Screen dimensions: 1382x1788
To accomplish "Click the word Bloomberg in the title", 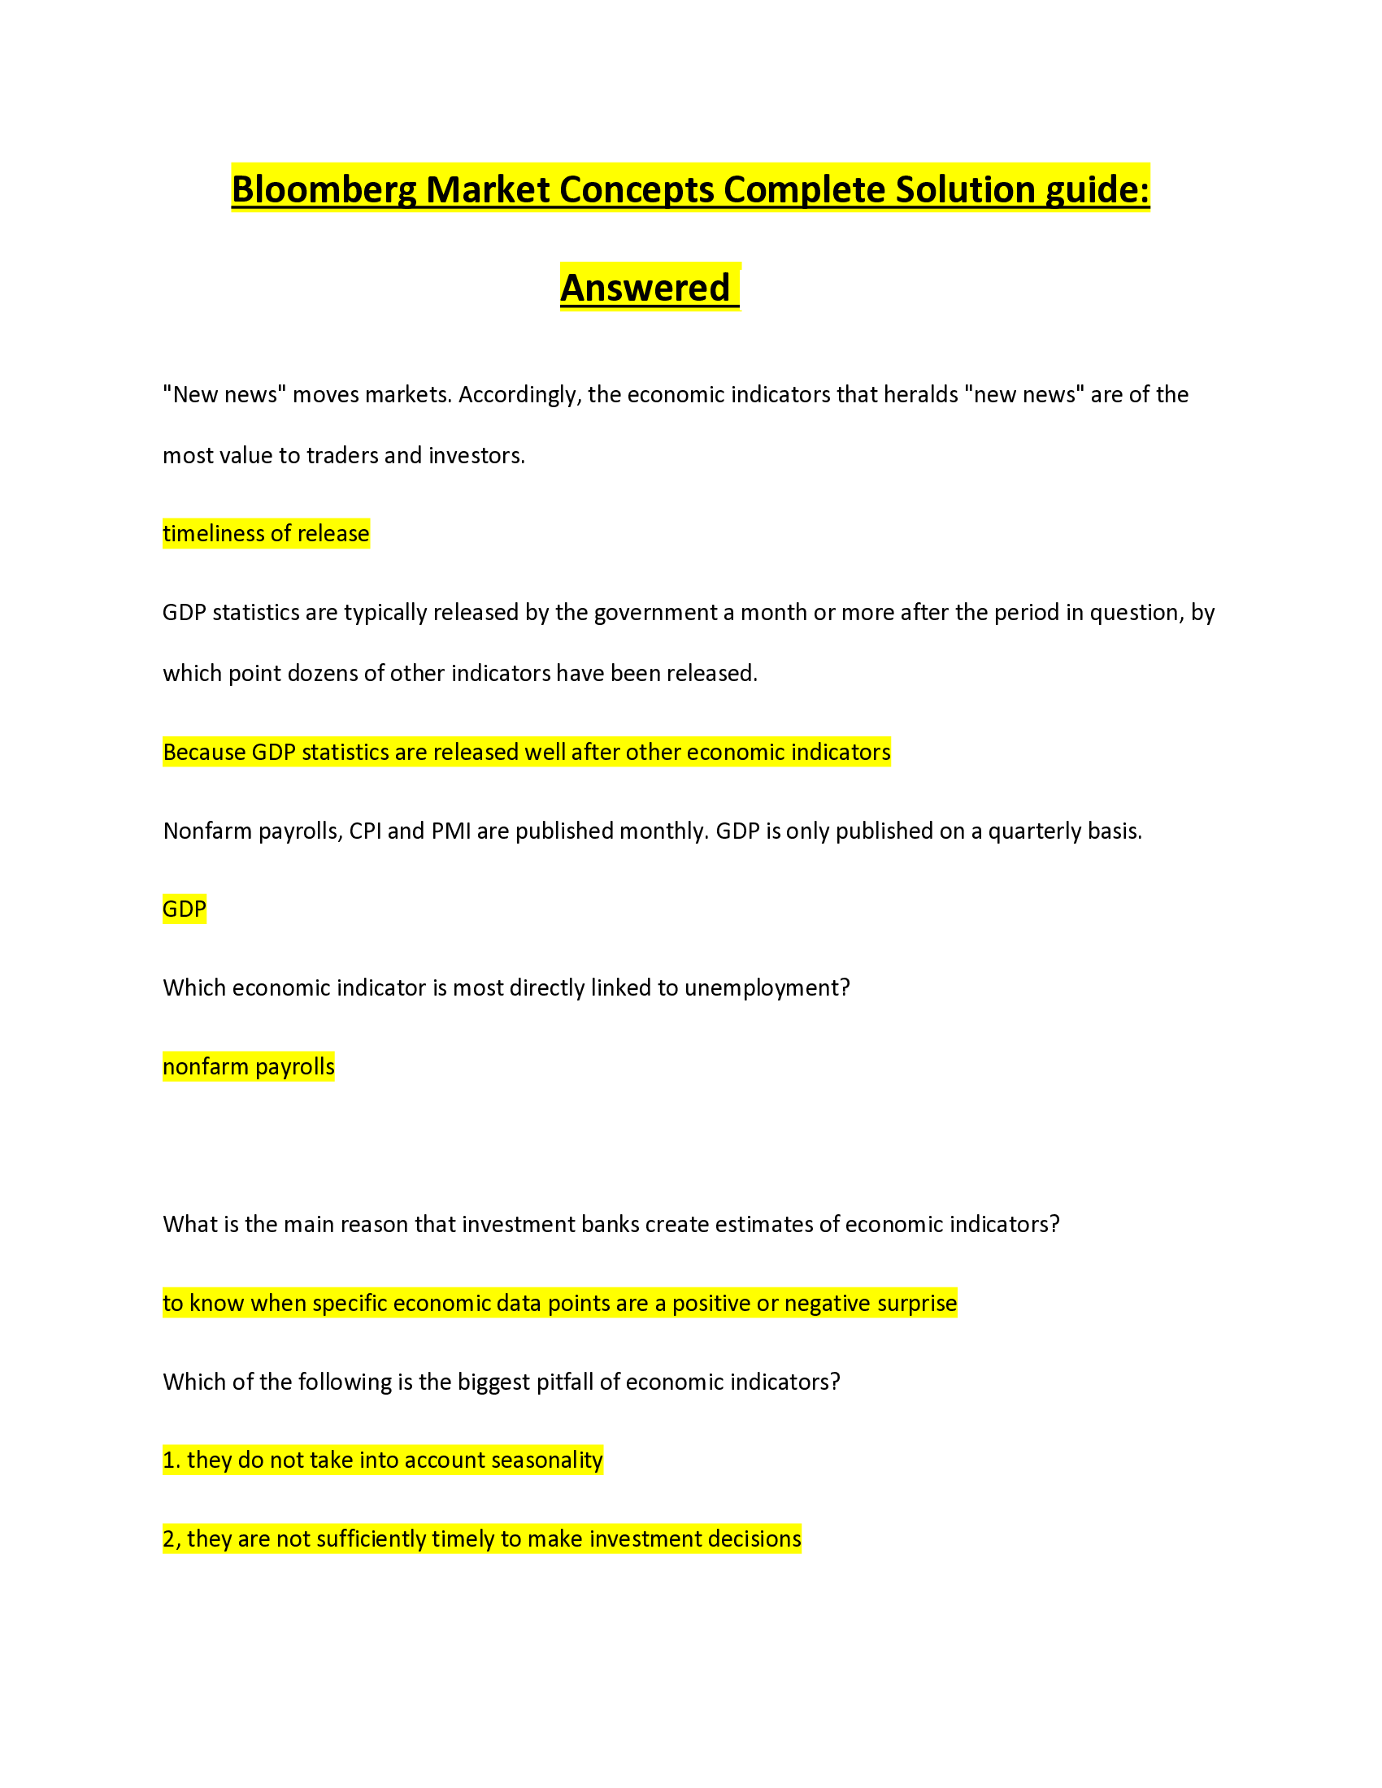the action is tap(324, 190).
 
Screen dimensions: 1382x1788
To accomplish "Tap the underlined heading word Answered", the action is tap(645, 289).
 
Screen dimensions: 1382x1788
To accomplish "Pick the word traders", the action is tap(342, 455).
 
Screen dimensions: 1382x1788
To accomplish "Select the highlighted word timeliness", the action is tap(212, 534).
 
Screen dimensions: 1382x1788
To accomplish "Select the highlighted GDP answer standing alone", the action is tap(185, 909).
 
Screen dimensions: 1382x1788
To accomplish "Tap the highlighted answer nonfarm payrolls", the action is tap(248, 1067).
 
